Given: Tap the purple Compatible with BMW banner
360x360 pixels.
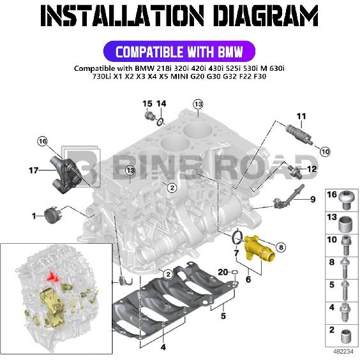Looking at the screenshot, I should [x=179, y=51].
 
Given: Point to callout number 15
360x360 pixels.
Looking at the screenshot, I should [x=146, y=103].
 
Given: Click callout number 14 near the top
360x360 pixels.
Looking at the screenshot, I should [x=161, y=103].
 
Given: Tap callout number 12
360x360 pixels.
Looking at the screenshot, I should [x=312, y=169].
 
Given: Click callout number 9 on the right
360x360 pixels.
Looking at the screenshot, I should [x=313, y=200].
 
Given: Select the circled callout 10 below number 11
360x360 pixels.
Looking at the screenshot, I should [x=325, y=151].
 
